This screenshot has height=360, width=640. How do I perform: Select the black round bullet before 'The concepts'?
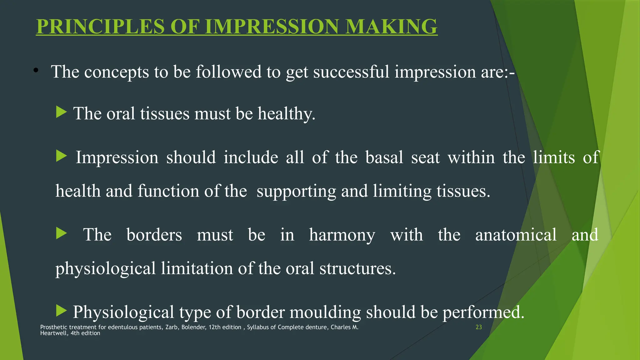[36, 71]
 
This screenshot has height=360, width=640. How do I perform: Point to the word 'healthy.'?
[286, 113]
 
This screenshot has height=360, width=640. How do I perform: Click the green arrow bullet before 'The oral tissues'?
[61, 112]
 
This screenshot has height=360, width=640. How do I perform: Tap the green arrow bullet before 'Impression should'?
[61, 156]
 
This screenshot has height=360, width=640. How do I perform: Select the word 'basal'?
[384, 157]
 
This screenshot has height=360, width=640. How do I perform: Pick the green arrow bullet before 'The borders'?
[61, 233]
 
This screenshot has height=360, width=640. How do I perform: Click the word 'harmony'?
[342, 235]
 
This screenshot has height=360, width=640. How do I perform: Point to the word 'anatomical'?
[516, 235]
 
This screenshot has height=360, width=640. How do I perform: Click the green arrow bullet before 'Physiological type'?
[61, 311]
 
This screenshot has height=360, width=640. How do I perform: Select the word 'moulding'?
[325, 312]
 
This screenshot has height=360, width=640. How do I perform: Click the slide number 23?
[478, 327]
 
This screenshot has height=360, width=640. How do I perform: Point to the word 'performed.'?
[483, 312]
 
